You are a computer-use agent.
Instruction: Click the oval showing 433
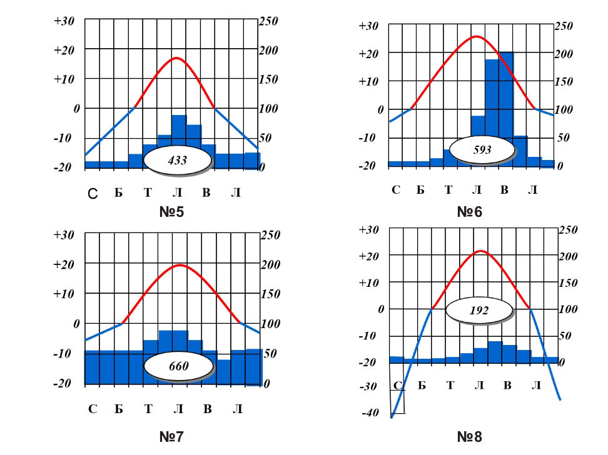tap(178, 160)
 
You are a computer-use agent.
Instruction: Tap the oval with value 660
tap(178, 366)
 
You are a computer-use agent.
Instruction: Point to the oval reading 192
tap(479, 309)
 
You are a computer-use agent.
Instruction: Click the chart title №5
tap(171, 212)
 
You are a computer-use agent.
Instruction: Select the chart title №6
tap(470, 212)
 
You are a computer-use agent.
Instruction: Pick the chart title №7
tap(171, 436)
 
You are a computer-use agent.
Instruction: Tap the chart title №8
tap(470, 436)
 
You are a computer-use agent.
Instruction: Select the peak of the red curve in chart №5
tap(177, 58)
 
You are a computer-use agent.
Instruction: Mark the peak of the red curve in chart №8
tap(480, 251)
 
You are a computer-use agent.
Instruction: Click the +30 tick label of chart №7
tap(64, 235)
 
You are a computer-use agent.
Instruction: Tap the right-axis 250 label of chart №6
tap(564, 26)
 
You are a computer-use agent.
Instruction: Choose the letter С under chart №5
tap(92, 194)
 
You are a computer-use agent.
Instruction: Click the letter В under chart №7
tap(207, 409)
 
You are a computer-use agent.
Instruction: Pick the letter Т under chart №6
tap(448, 189)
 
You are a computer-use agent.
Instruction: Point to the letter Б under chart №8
tap(422, 385)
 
